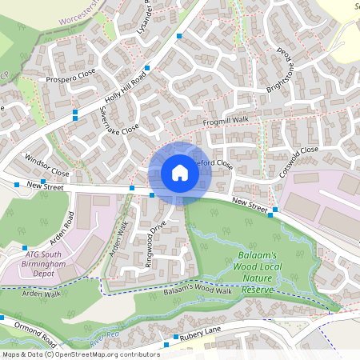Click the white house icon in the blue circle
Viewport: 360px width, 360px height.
pyautogui.click(x=179, y=173)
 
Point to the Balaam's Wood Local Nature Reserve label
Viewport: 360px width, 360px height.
pyautogui.click(x=257, y=273)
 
